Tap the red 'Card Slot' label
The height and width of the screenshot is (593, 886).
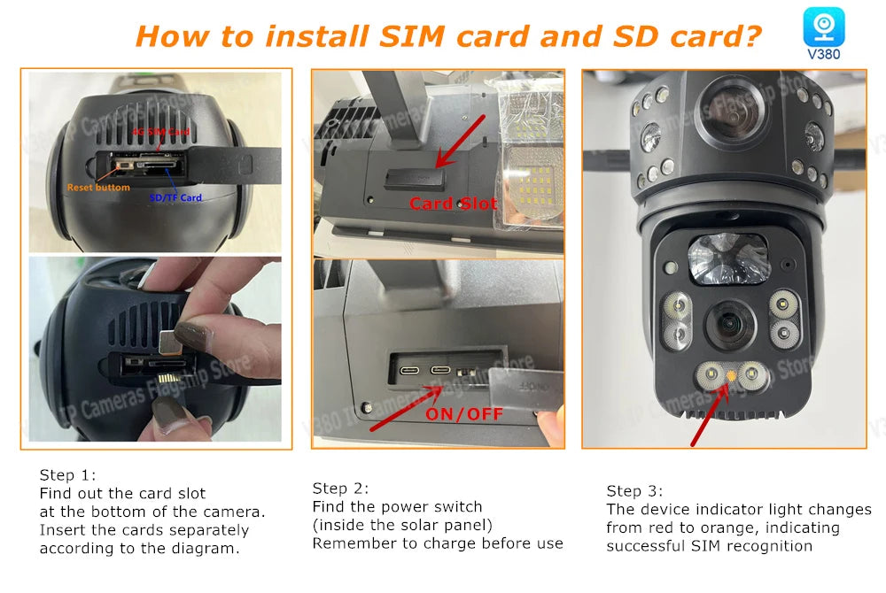pyautogui.click(x=454, y=204)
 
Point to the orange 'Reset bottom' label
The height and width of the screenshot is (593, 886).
pyautogui.click(x=98, y=188)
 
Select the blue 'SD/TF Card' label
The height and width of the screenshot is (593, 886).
pyautogui.click(x=175, y=197)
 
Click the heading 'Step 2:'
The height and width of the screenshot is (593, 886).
pyautogui.click(x=340, y=489)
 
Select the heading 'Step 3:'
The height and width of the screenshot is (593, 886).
pyautogui.click(x=634, y=491)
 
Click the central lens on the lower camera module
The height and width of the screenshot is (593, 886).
pyautogui.click(x=731, y=322)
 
